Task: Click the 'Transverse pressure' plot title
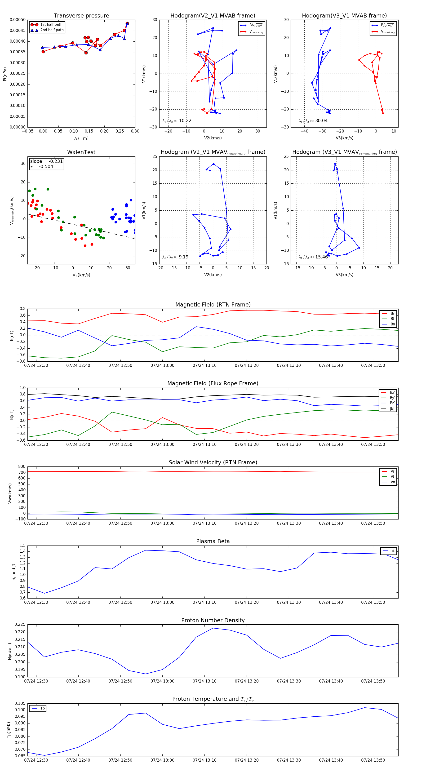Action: coord(81,16)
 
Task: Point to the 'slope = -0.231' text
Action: coord(46,161)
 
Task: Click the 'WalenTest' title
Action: coord(81,152)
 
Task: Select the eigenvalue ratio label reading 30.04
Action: coord(313,121)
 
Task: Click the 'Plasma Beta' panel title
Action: coord(213,541)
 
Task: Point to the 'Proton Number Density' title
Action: coord(213,620)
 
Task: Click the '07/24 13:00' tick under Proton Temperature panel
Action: coord(163,760)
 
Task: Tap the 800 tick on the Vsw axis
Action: coord(22,467)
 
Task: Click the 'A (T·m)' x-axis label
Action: coord(81,138)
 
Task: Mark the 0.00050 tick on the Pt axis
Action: coord(18,20)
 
